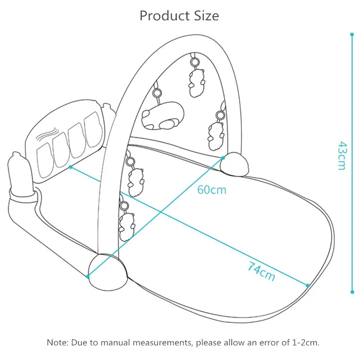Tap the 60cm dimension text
(x=212, y=189)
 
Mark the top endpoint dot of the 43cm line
(x=352, y=34)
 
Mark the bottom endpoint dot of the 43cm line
(x=352, y=292)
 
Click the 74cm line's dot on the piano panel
(x=71, y=166)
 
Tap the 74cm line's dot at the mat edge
(x=308, y=285)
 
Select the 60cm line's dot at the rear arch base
(x=223, y=157)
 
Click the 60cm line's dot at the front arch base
(x=88, y=276)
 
